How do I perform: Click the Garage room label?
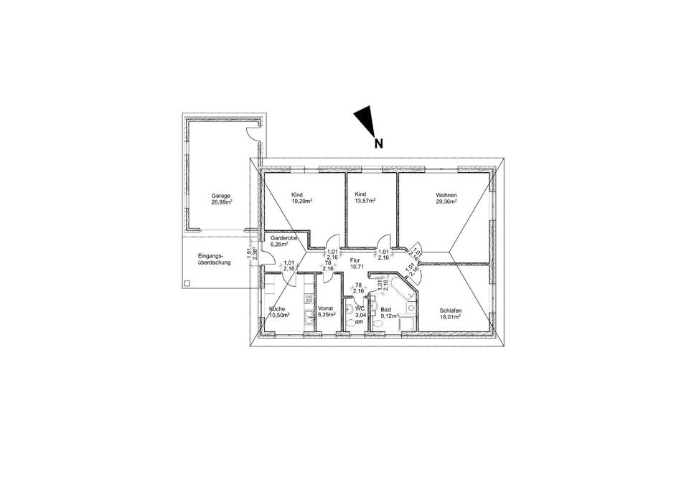(220, 196)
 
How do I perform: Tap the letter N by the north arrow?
(378, 143)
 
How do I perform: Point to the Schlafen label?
(449, 310)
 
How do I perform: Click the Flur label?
(355, 260)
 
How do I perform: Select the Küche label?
(277, 310)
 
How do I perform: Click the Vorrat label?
(327, 310)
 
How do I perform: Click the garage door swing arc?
(252, 131)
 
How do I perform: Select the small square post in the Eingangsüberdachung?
(187, 283)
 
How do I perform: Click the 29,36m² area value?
(446, 202)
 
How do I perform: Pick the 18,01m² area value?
(449, 316)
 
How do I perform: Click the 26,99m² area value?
(221, 202)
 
